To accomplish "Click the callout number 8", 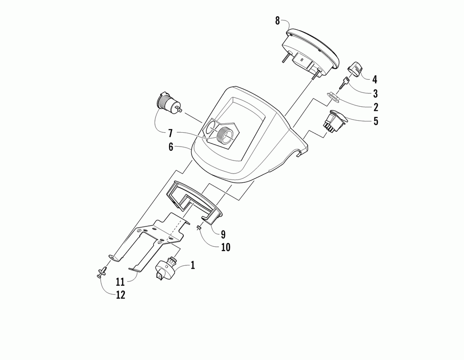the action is (x=277, y=20).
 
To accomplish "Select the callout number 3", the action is (x=375, y=93).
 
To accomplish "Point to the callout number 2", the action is (x=375, y=107).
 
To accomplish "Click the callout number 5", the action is (x=375, y=122).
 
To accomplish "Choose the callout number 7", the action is (x=170, y=133).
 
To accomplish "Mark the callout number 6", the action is (x=170, y=147).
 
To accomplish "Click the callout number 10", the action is (x=226, y=248).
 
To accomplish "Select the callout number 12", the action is (x=120, y=295).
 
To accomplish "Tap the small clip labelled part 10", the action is (x=198, y=227).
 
